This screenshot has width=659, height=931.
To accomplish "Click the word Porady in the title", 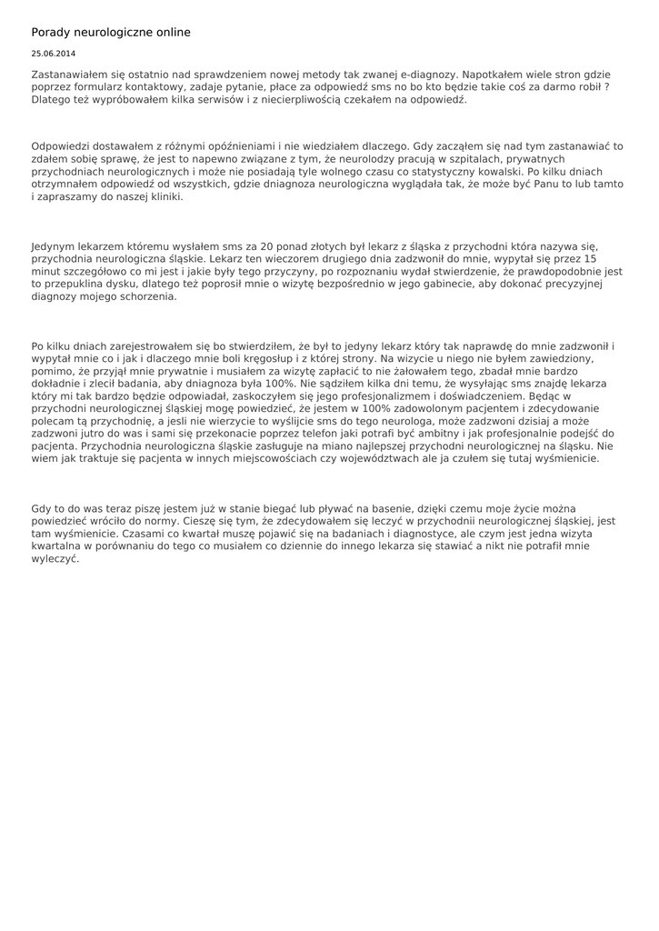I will point(51,33).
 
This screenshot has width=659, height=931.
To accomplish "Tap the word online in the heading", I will point(171,33).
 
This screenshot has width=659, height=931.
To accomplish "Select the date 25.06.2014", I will point(54,54).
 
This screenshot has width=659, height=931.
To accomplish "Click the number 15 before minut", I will point(590,259).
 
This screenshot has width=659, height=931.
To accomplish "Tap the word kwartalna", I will point(56,547).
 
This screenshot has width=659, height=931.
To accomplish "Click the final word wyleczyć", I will point(55,560).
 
